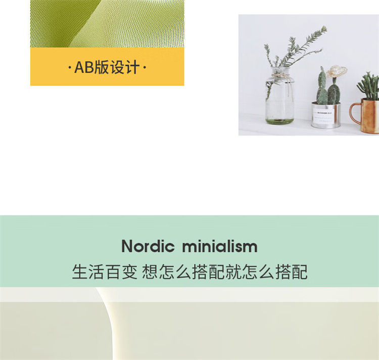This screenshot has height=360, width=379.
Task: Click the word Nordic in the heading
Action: point(148,246)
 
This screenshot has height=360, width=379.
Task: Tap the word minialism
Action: point(220,246)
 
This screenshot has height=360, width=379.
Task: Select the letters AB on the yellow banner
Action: point(84,67)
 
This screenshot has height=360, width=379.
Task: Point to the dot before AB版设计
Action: point(70,67)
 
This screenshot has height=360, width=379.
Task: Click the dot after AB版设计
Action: point(145,67)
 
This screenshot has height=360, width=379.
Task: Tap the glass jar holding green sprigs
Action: point(279,96)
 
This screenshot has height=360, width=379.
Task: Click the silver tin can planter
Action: point(326,115)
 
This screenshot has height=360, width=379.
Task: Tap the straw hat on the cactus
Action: point(336,71)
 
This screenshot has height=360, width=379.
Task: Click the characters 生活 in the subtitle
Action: point(88,272)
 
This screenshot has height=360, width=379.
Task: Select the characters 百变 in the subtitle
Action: point(122,272)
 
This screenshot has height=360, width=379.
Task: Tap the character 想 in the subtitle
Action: point(150,272)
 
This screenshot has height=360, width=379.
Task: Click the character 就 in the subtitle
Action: point(233,272)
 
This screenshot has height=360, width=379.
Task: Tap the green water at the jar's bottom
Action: point(279,121)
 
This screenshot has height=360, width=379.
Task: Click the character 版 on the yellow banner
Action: point(102,67)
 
